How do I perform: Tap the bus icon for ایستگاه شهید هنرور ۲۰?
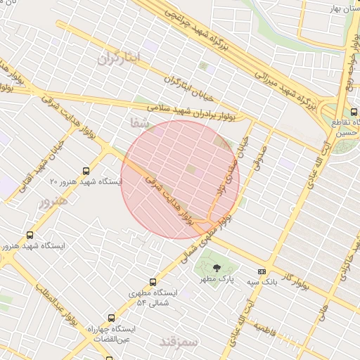(86, 171)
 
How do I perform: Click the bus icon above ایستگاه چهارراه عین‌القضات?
(110, 317)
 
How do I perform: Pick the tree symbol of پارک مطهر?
(217, 269)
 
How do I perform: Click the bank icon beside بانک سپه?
(262, 271)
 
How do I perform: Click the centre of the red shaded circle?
(180, 175)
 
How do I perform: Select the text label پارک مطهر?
(214, 280)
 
